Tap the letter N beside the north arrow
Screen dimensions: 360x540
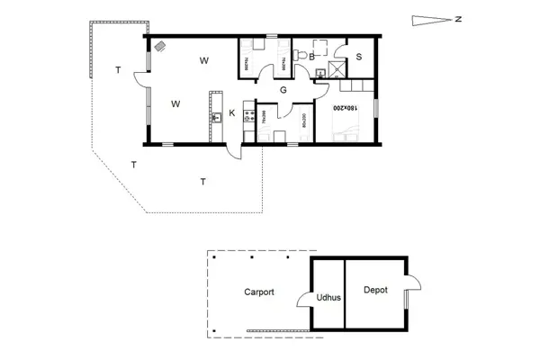point(458,19)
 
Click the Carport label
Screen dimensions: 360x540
point(258,292)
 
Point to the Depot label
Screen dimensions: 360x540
point(375,290)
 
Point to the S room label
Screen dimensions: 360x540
point(358,57)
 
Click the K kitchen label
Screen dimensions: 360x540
point(231,112)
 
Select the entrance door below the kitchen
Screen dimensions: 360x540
point(237,153)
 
